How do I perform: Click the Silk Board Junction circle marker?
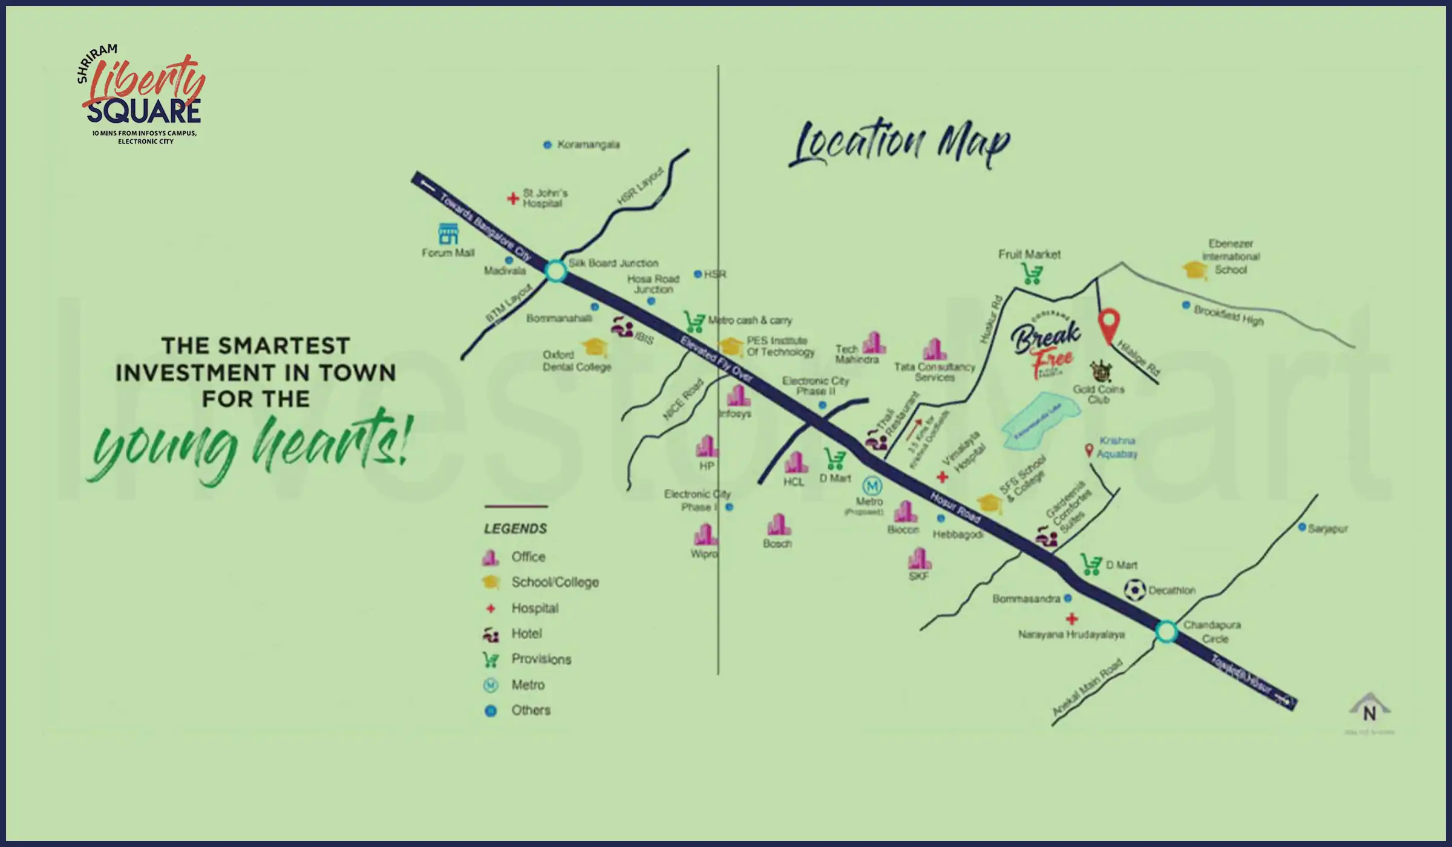555,270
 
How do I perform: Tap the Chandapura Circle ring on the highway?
1166,632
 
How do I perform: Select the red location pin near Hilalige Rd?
1109,325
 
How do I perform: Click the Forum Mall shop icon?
448,234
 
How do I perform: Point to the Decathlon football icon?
1134,590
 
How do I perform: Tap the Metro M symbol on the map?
872,486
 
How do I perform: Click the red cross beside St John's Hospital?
513,198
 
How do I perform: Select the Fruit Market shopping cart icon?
1032,275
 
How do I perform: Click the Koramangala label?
587,145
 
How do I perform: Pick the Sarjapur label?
1327,529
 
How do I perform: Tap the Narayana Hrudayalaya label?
1071,635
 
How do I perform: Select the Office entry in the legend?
528,557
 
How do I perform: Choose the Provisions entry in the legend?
541,659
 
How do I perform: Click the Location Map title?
900,143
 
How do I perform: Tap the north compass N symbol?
1370,711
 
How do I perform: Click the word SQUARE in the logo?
144,113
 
